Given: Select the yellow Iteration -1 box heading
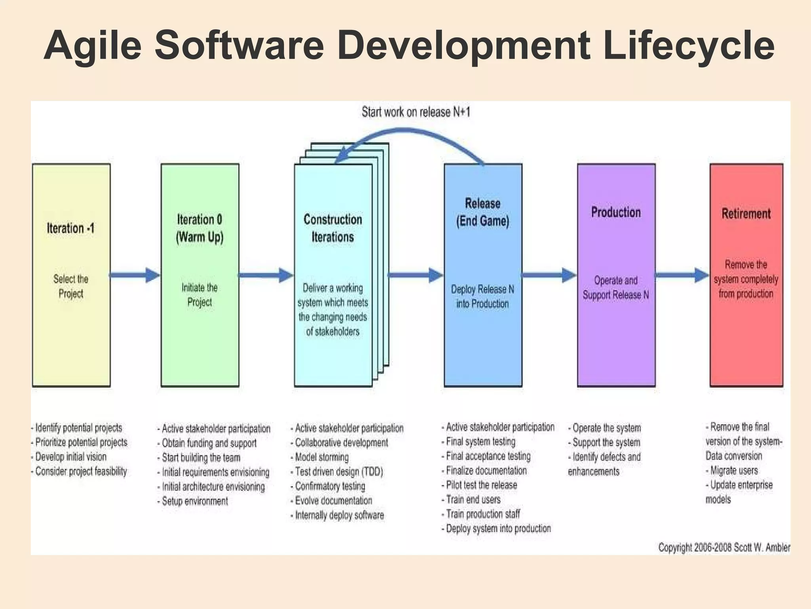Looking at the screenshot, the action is click(x=71, y=228).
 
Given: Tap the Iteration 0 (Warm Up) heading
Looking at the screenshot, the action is click(x=200, y=228).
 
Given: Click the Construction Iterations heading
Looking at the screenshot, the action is click(x=333, y=228).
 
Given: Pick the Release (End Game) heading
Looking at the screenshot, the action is click(x=482, y=212).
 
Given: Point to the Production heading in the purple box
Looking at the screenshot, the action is click(x=616, y=213).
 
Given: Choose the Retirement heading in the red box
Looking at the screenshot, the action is click(x=746, y=214).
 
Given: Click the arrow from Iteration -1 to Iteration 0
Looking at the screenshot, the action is click(x=135, y=275).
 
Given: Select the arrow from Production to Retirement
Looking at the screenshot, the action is click(x=682, y=275).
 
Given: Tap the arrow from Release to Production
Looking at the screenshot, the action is click(x=549, y=275).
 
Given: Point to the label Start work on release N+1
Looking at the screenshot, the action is click(x=416, y=112).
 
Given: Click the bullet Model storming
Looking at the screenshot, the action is click(x=322, y=457).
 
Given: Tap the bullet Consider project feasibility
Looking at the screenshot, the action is click(x=81, y=471).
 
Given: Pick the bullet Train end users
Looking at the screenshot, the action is click(x=473, y=500).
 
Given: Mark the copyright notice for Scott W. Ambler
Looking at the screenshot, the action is click(x=724, y=548).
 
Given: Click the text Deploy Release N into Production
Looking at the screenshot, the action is click(x=482, y=297).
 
